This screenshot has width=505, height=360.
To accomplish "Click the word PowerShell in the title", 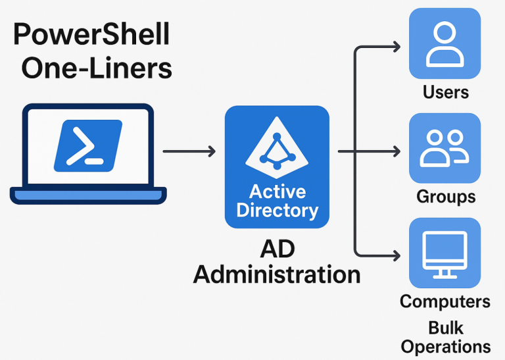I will pos(91,35).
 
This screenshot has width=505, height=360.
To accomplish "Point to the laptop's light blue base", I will pos(88,195).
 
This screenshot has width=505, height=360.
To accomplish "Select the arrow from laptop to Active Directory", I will pos(189,152).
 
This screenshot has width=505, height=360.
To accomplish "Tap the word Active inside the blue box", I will pos(277,192).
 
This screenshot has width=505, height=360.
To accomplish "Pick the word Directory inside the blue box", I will pos(277,211).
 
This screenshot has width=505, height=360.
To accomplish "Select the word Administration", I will pos(277,273).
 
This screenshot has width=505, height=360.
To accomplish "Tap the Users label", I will pos(445,91).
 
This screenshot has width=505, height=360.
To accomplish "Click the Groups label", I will pos(446,196).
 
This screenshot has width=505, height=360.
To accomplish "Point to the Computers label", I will pos(445,301).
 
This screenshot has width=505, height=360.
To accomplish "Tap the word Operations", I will pos(446,346).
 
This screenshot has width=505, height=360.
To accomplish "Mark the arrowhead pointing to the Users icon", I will pos(396,47).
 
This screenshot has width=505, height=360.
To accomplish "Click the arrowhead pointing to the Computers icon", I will pos(396,254).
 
